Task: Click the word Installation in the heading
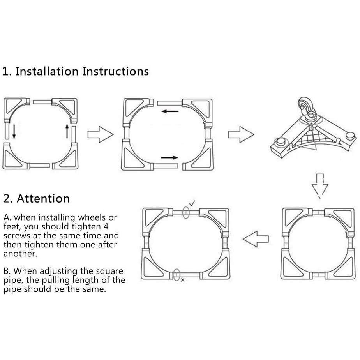pos(47,71)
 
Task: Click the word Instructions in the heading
pos(115,71)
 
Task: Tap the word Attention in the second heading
pos(43,198)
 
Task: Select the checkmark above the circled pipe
pos(192,203)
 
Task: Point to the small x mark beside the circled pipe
pos(182,280)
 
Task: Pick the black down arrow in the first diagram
pos(14,132)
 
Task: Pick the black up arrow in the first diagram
pos(67,131)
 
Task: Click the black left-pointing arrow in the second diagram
pos(170,111)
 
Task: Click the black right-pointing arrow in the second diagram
pos(169,157)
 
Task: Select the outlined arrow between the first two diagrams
pos(101,134)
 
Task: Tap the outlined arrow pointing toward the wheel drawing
pos(241,134)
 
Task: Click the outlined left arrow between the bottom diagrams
pos(256,239)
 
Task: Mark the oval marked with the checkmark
pos(186,212)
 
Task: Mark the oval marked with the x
pos(176,275)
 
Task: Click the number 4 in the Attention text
pos(106,227)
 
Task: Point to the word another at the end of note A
pos(20,254)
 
